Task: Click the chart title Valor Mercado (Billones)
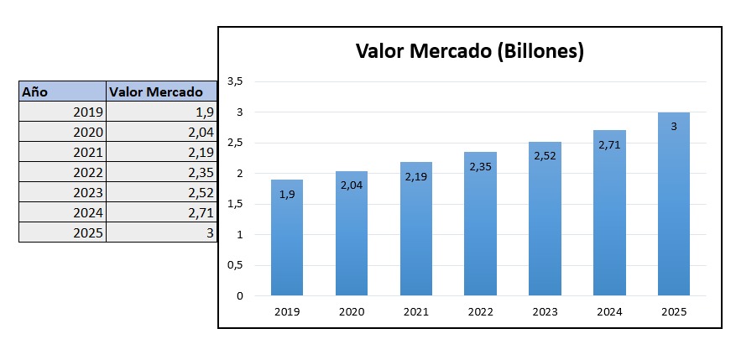point(469,52)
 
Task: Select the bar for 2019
point(287,237)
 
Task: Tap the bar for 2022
point(480,224)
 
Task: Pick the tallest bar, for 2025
point(673,204)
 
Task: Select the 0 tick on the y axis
point(239,295)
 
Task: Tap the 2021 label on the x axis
point(415,311)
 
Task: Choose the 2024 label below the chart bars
point(608,311)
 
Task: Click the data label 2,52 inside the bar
point(545,156)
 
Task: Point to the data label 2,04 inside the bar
point(352,185)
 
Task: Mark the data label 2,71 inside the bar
point(609,144)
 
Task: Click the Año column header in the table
point(63,91)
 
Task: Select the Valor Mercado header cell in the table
point(161,91)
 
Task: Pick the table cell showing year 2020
point(63,132)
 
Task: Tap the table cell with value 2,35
point(161,172)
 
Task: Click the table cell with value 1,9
point(161,112)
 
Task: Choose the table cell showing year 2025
point(63,232)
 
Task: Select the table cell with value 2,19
point(161,152)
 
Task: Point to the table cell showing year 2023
point(63,192)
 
